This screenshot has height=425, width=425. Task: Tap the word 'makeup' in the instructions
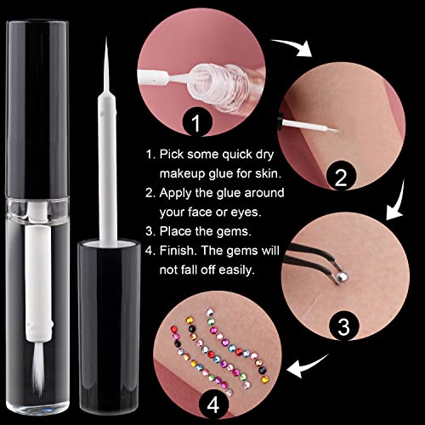click(182, 173)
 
